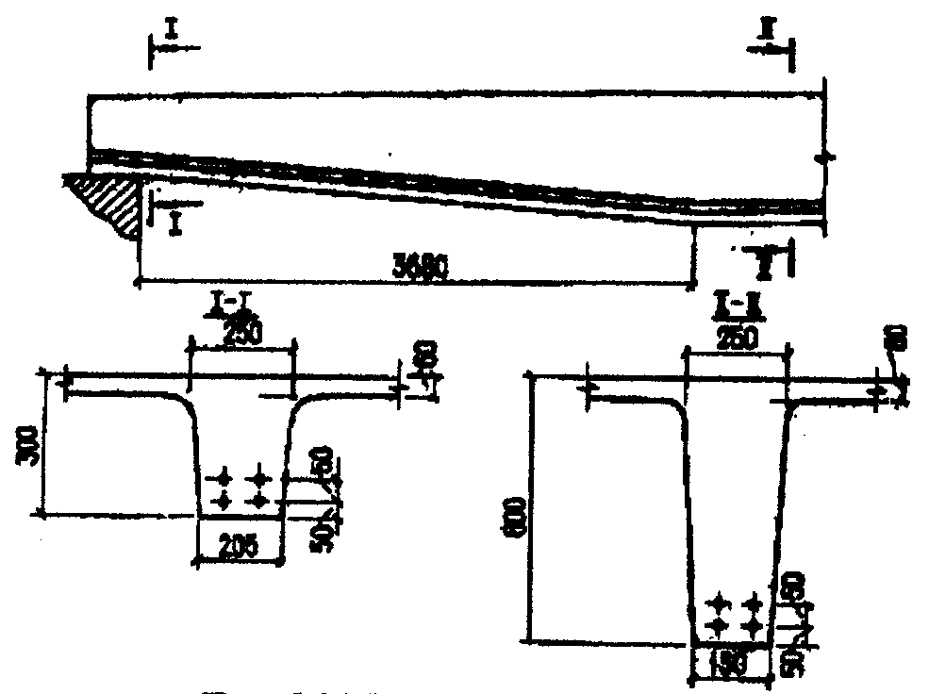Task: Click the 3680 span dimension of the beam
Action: (x=415, y=267)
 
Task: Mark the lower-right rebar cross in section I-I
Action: (x=258, y=497)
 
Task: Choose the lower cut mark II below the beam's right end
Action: (x=766, y=262)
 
